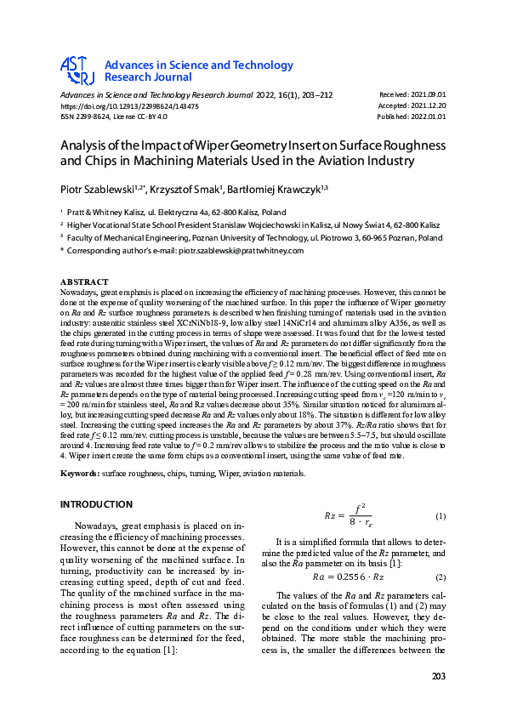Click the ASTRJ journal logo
[77, 71]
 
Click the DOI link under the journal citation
[129, 106]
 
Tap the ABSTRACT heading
[84, 281]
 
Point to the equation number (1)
[441, 517]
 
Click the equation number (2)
[441, 577]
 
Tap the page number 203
[437, 676]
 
